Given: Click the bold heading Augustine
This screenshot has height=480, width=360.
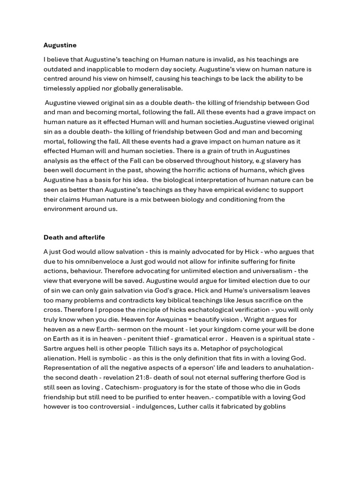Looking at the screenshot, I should [60, 45].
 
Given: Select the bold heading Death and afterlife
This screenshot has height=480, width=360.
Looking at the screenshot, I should [77, 237].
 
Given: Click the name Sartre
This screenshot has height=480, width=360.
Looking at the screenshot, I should [54, 349].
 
